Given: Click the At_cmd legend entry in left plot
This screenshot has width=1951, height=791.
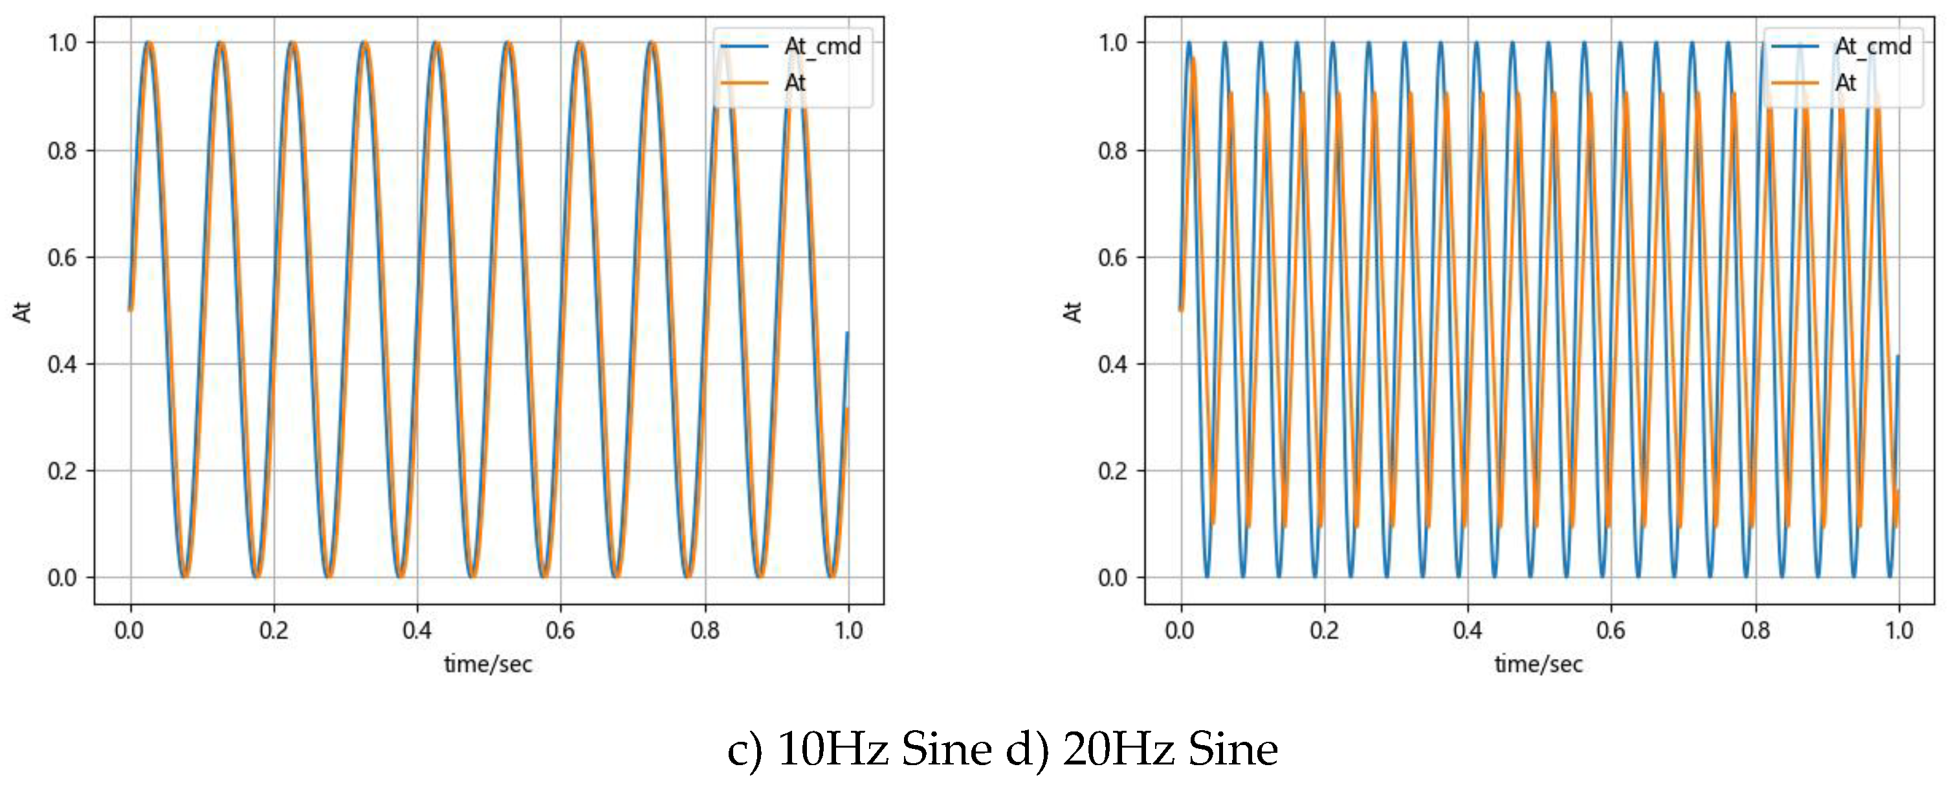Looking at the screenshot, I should (x=822, y=46).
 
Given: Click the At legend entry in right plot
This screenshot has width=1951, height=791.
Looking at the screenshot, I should (x=1845, y=83).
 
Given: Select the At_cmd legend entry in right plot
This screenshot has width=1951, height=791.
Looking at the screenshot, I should (x=1872, y=46).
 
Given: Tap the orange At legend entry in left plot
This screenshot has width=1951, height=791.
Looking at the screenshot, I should (x=795, y=83).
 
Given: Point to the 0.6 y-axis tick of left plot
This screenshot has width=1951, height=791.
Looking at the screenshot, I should (x=62, y=258).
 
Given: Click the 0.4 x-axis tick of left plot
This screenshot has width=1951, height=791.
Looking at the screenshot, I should (x=417, y=630).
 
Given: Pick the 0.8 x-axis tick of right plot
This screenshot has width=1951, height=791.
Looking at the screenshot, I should (x=1755, y=630).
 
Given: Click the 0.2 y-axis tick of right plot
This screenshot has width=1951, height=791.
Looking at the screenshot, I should (x=1112, y=471).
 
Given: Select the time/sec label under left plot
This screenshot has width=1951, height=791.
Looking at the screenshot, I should (x=488, y=665).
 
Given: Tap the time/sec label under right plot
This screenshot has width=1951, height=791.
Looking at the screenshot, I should (x=1538, y=665).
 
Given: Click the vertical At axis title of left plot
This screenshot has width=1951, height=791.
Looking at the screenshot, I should (x=22, y=311).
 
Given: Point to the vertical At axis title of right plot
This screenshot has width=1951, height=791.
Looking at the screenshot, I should (x=1072, y=311).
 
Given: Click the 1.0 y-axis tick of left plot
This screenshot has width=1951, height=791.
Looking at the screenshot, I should (x=62, y=43).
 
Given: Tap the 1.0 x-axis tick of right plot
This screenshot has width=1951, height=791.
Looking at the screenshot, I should (x=1899, y=630).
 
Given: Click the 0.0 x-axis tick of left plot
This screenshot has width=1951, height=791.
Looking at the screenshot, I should (x=129, y=630).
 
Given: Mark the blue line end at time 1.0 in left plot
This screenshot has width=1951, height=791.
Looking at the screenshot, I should (x=847, y=333).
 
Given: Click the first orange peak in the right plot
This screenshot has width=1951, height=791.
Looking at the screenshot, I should (x=1193, y=58).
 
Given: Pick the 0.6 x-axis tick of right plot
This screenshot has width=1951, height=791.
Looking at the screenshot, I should (x=1611, y=630).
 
